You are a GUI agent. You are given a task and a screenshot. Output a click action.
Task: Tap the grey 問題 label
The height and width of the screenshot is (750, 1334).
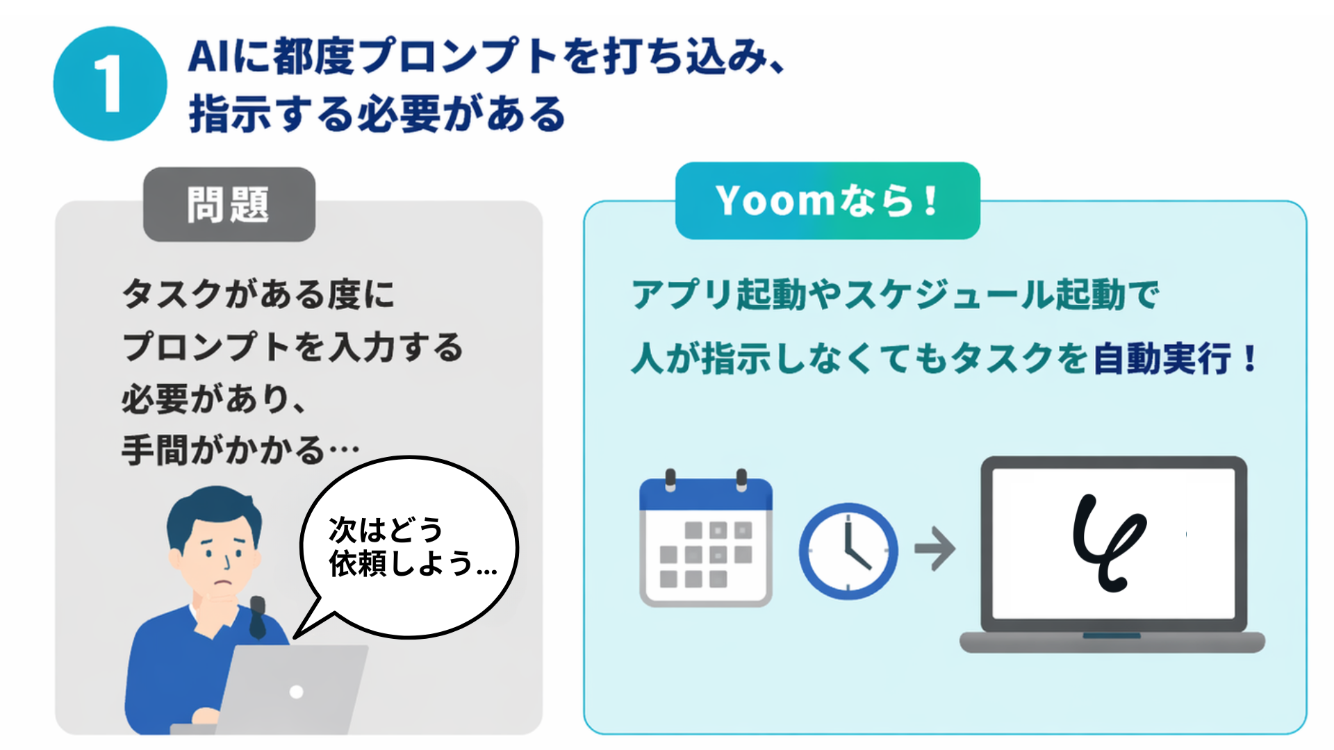[x=229, y=204]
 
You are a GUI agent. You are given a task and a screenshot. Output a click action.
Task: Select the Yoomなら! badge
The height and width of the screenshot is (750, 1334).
[x=827, y=201]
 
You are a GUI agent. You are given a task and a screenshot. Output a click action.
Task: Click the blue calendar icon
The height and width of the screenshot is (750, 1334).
[x=706, y=538]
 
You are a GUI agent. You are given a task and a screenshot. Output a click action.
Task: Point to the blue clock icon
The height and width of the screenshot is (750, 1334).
[x=848, y=551]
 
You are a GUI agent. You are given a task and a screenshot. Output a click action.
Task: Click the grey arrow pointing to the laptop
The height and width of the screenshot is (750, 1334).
[x=935, y=549]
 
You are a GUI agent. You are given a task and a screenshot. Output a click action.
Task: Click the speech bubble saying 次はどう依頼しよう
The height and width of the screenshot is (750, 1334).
[x=410, y=547]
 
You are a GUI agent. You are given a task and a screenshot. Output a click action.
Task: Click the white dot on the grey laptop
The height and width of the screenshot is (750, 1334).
[x=297, y=692]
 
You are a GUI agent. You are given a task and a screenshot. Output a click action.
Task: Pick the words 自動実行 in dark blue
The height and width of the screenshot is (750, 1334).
[x=1162, y=359]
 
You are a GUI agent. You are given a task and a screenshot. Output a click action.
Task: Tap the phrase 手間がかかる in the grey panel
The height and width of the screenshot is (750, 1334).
[x=223, y=450]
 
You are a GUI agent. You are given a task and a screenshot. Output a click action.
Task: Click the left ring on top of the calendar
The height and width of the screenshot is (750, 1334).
[x=670, y=479]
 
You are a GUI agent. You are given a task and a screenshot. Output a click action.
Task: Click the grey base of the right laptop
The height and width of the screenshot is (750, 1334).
[x=1112, y=642]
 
